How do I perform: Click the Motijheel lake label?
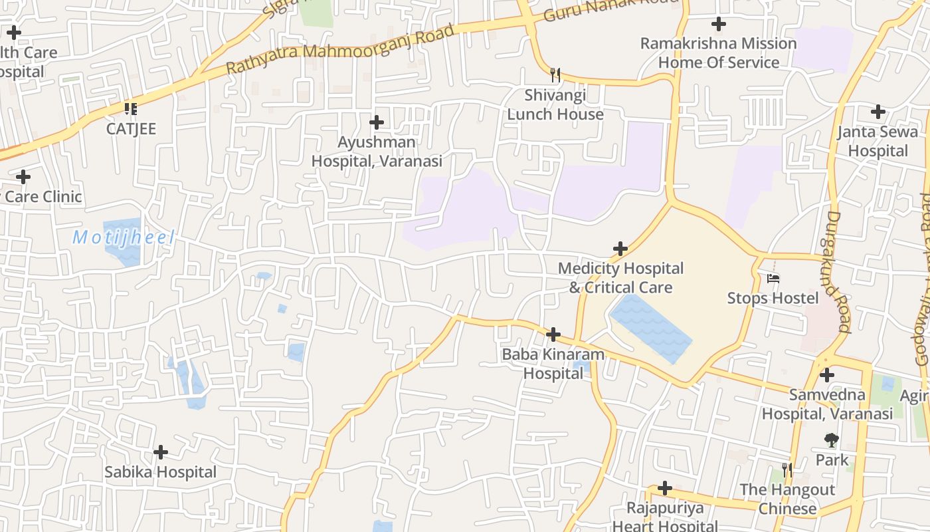124,237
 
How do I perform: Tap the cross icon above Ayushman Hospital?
377,122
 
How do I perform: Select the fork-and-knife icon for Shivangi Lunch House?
555,74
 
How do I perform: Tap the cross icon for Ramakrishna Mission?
718,25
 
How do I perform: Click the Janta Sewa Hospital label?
877,141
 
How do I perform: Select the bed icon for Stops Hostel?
773,278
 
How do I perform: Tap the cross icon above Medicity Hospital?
620,249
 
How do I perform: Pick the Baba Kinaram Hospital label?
553,364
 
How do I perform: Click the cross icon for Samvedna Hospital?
826,375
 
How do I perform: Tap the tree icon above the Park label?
831,440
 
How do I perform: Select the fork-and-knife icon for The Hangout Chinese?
787,470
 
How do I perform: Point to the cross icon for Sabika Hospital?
160,452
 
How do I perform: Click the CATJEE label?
131,128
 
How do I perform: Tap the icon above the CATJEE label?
131,108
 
